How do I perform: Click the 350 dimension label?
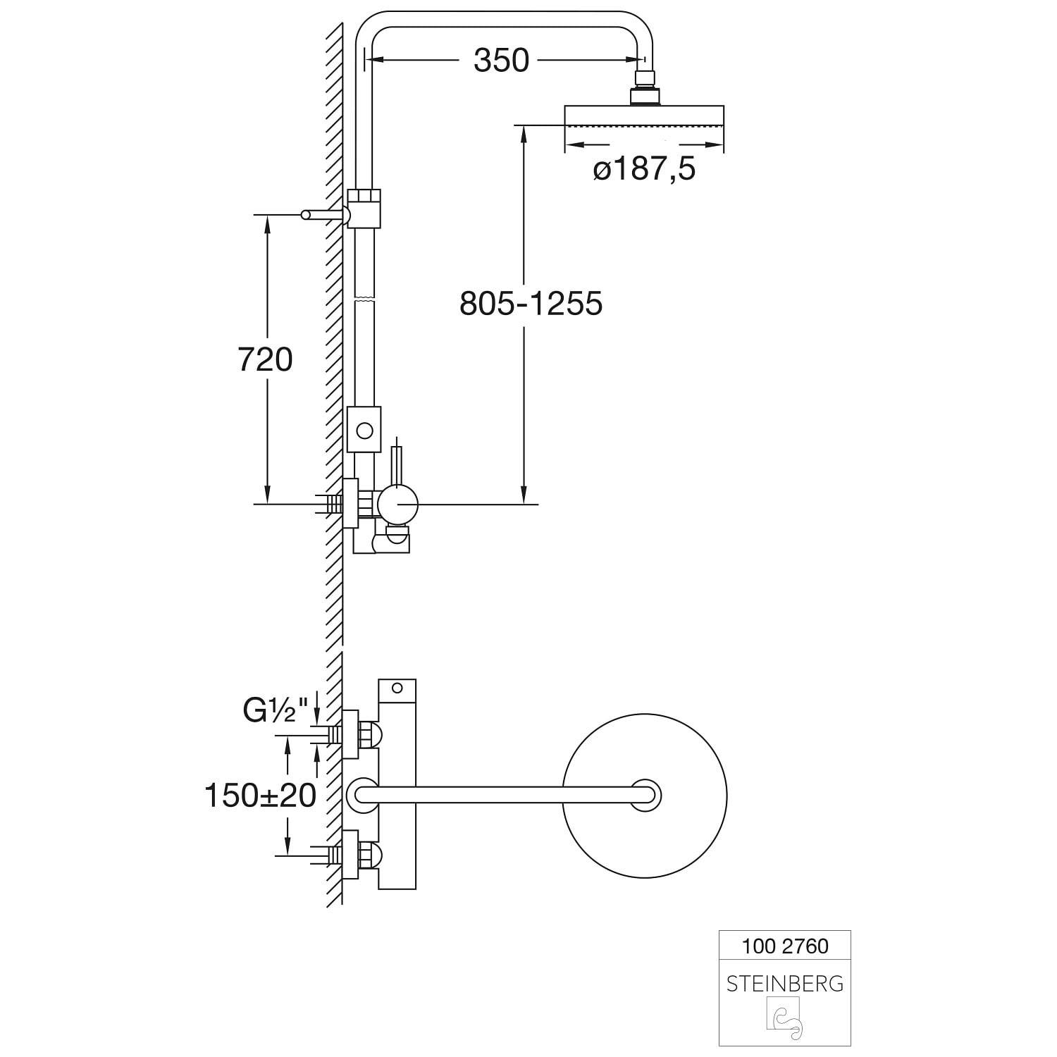click(501, 61)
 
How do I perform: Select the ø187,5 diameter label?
click(644, 170)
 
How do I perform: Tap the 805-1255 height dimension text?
click(531, 304)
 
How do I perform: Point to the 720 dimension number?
click(265, 360)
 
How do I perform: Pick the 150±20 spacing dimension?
click(260, 796)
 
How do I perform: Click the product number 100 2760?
click(785, 946)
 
